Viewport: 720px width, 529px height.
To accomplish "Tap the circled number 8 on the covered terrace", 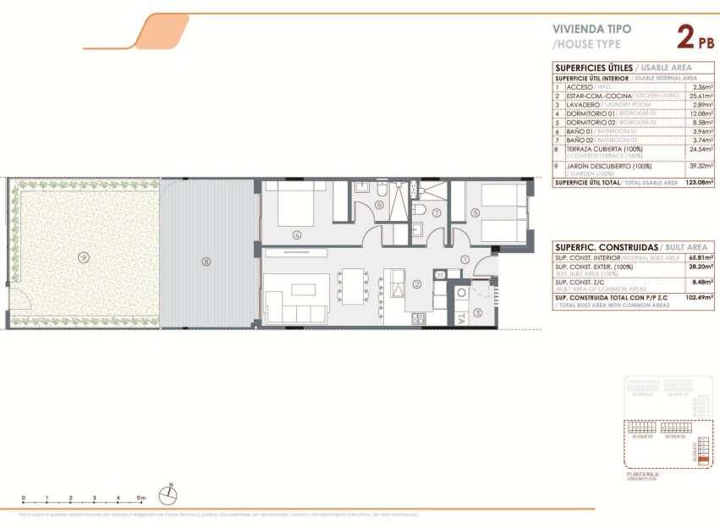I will point(206,261).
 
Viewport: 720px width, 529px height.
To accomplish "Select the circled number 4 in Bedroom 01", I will point(296,234).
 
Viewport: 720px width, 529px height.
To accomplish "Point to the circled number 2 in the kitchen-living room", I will point(417,284).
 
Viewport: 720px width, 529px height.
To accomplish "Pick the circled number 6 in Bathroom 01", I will point(380,204).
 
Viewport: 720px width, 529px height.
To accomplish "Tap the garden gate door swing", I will point(19,300).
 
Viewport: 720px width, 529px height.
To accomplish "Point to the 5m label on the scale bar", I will point(142,498).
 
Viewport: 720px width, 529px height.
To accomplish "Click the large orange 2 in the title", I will point(686,36).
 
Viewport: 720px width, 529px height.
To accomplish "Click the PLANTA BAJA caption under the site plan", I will point(641,475).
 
